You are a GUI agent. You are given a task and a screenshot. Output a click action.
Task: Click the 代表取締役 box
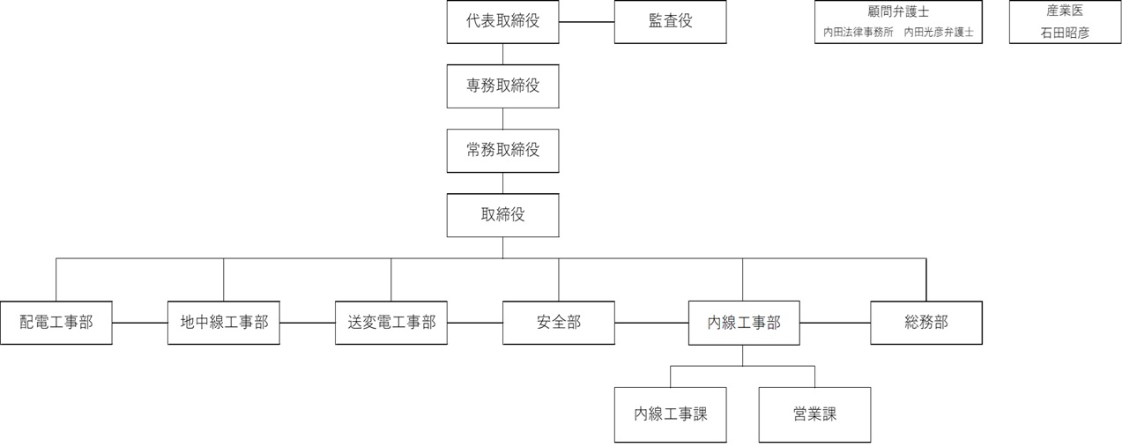click(502, 22)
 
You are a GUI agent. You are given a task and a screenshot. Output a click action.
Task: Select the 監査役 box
click(670, 22)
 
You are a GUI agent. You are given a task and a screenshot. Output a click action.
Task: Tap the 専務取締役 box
click(502, 86)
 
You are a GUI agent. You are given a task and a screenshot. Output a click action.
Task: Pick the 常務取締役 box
click(502, 150)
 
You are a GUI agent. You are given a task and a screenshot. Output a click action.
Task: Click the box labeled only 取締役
click(502, 214)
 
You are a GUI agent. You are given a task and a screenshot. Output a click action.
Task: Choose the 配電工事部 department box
click(56, 323)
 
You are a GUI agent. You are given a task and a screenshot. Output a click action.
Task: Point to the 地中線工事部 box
click(224, 323)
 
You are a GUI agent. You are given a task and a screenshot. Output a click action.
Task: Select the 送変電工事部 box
click(391, 323)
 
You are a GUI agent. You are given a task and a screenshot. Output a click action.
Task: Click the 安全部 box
click(559, 323)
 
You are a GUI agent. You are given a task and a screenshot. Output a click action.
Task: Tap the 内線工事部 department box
click(743, 323)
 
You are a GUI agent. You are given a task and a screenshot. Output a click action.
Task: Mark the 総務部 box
click(926, 323)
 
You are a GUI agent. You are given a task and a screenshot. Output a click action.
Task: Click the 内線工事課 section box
click(671, 414)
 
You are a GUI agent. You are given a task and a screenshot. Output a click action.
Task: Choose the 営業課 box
click(814, 414)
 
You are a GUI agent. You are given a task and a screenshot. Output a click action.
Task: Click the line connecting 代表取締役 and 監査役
click(587, 22)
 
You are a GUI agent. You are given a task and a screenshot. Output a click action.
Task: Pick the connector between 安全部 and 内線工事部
click(651, 323)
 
